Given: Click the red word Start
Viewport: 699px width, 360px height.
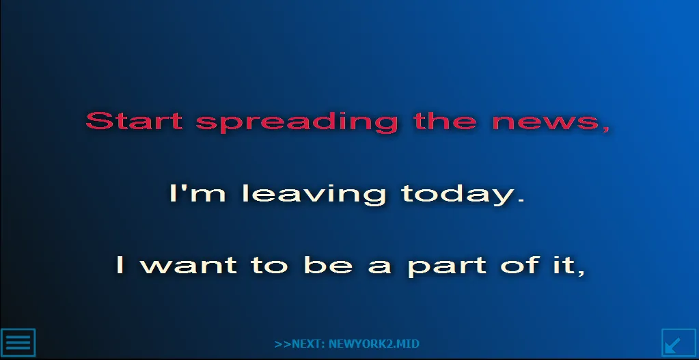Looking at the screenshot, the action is tap(134, 121).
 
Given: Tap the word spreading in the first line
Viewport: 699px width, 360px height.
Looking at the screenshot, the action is tap(297, 122).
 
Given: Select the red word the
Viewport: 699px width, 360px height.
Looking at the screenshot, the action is tap(445, 120).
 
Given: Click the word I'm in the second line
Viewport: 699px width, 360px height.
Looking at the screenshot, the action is tap(197, 193).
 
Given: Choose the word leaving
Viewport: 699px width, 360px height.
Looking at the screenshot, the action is tap(314, 195).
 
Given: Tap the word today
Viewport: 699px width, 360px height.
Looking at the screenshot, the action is tap(458, 195).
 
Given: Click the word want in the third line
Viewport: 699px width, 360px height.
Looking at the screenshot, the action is tap(188, 265).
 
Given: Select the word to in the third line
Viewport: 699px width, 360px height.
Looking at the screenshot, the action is tap(269, 265).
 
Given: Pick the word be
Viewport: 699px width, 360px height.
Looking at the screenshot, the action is tap(328, 264).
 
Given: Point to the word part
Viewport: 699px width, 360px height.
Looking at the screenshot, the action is tap(447, 266).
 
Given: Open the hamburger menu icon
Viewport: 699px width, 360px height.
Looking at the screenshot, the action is tap(18, 343).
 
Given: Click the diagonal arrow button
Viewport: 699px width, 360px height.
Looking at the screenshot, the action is tap(679, 343).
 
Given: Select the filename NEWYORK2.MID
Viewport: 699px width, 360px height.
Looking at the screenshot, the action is tap(374, 344).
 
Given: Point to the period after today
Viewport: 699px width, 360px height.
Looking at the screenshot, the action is tap(521, 201).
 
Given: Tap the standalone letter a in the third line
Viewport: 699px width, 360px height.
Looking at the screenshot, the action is tap(380, 267).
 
